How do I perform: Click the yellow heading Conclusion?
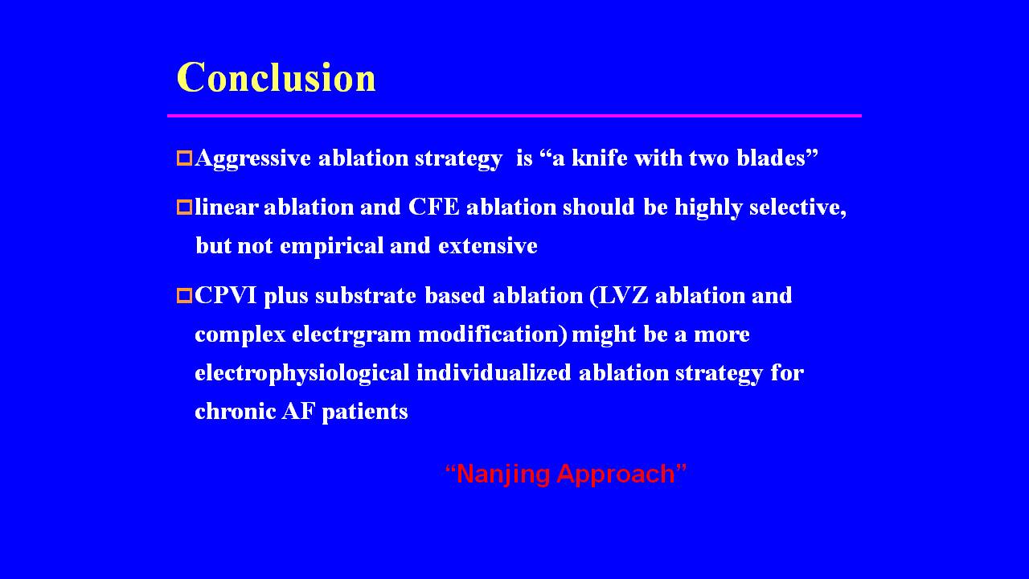(x=276, y=76)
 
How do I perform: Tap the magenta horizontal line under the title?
(x=514, y=116)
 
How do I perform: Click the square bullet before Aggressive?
(x=184, y=158)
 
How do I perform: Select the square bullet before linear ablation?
(x=184, y=207)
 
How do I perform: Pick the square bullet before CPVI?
(x=184, y=295)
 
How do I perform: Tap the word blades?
(x=771, y=158)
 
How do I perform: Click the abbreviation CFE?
(x=433, y=207)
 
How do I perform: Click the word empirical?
(x=332, y=247)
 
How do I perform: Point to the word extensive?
(x=488, y=246)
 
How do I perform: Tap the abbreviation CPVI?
(x=226, y=295)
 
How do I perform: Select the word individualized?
(x=494, y=372)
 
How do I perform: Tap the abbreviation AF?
(x=298, y=411)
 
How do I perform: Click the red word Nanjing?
(x=502, y=474)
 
